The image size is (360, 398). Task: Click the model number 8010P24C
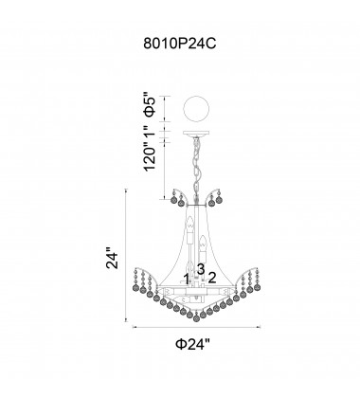(180, 44)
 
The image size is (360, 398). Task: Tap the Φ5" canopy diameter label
(150, 104)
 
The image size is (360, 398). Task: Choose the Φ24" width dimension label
(192, 344)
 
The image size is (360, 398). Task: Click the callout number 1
(187, 280)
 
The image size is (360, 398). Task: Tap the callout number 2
(212, 278)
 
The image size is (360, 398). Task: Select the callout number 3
(201, 269)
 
